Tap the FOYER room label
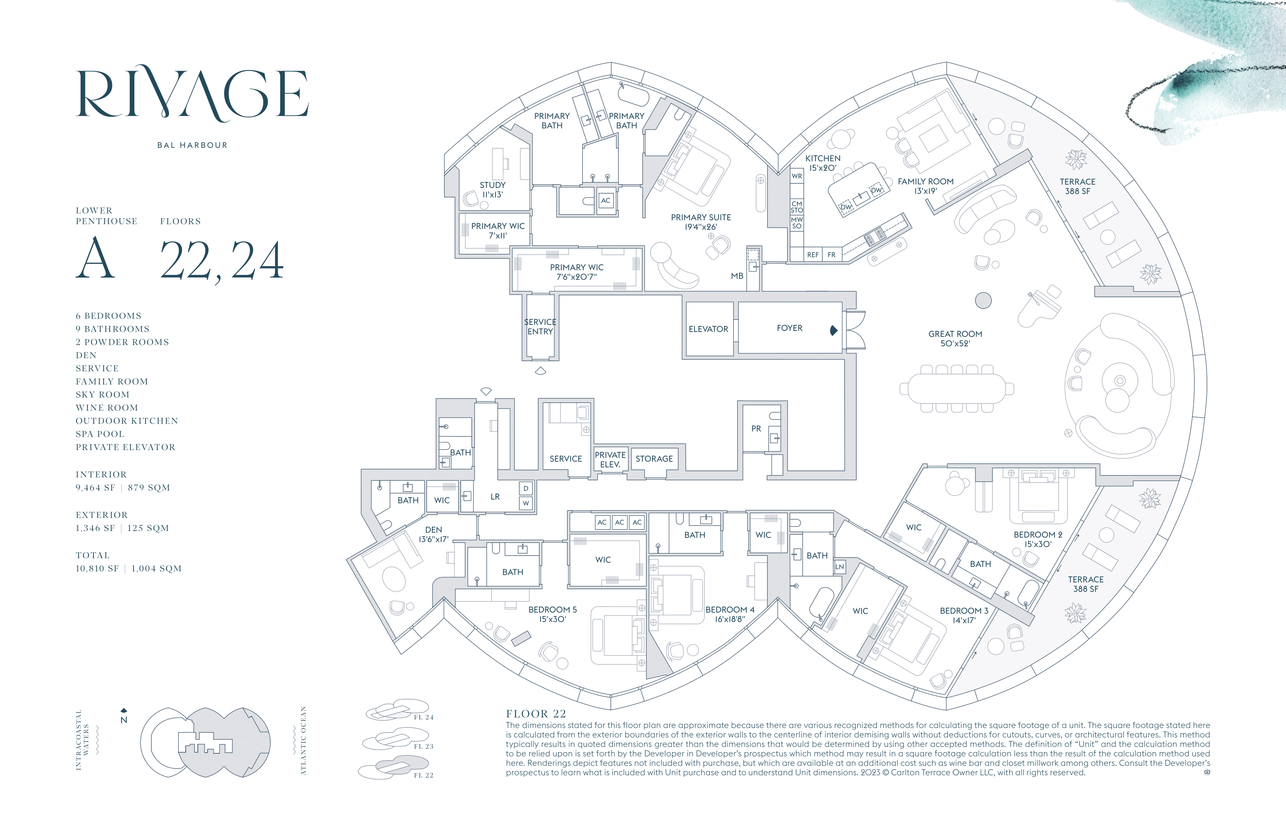pyautogui.click(x=789, y=328)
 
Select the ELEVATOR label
pyautogui.click(x=708, y=329)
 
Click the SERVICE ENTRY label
pyautogui.click(x=540, y=327)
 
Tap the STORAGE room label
pyautogui.click(x=654, y=459)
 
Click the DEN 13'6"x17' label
pyautogui.click(x=433, y=534)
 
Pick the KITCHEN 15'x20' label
pyautogui.click(x=823, y=163)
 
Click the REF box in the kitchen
pyautogui.click(x=813, y=255)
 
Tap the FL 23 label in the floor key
pyautogui.click(x=424, y=746)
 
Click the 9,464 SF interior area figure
pyautogui.click(x=96, y=487)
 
